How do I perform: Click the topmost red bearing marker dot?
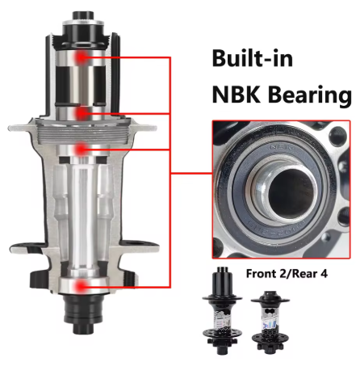[x=82, y=57]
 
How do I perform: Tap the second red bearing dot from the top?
[x=82, y=112]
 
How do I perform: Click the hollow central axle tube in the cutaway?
[x=82, y=218]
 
